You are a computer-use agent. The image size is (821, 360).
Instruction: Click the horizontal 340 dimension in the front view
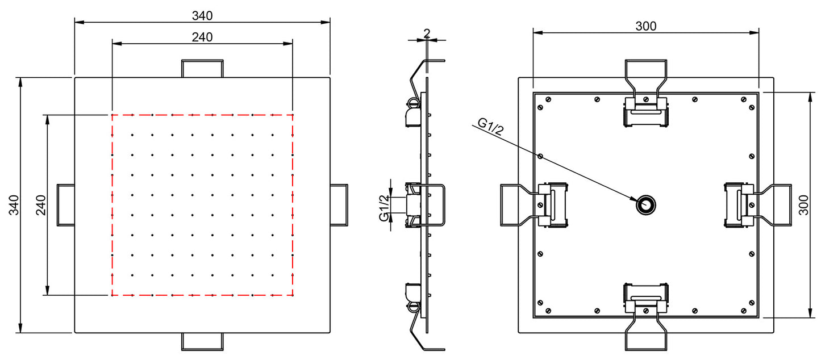[x=202, y=15]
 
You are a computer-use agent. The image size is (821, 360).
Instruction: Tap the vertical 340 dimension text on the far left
[x=14, y=205]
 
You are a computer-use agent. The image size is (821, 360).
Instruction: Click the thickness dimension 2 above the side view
[x=426, y=33]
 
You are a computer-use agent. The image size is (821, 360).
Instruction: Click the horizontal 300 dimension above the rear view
[x=645, y=26]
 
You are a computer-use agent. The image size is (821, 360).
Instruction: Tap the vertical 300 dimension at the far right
[x=803, y=205]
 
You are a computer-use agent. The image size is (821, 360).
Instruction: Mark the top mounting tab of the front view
[x=202, y=68]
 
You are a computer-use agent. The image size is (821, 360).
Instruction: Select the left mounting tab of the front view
[x=65, y=205]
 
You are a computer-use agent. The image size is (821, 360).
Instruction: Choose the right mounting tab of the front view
[x=339, y=205]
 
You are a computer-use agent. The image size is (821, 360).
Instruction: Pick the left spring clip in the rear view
[x=548, y=205]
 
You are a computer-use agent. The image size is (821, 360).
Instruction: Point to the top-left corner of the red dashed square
[x=112, y=115]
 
